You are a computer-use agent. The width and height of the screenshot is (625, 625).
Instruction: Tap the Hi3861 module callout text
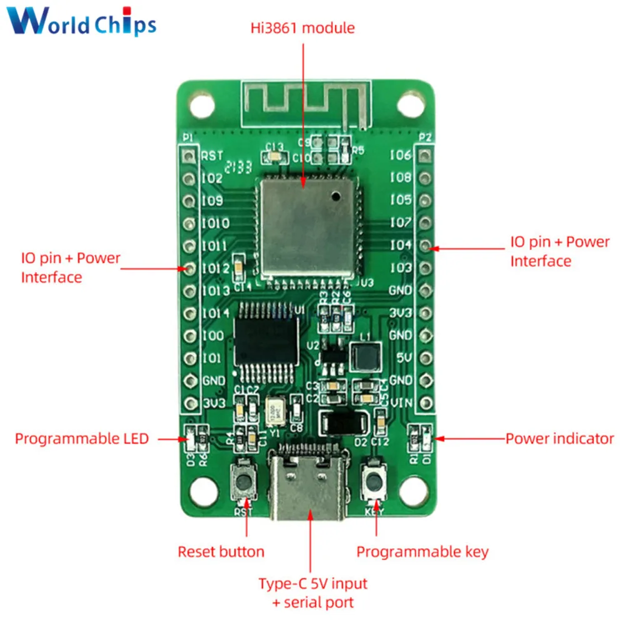[302, 28]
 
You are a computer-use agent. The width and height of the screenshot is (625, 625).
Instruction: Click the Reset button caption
[221, 552]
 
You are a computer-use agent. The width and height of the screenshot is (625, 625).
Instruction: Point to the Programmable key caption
[422, 552]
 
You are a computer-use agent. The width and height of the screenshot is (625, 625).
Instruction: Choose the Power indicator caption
[559, 439]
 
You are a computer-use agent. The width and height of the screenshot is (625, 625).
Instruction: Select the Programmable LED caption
[82, 439]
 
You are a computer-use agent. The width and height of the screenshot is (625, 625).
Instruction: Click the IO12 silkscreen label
[216, 268]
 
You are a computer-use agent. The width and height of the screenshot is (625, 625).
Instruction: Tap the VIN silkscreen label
[401, 402]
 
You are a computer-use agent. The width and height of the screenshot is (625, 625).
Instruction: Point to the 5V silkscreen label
[404, 357]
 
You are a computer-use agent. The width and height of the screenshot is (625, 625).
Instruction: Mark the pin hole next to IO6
[426, 155]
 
